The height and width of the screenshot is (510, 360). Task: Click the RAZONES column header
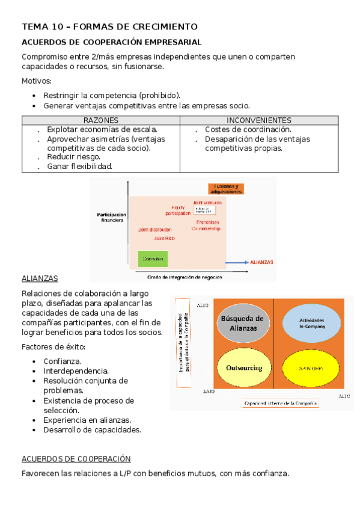101,120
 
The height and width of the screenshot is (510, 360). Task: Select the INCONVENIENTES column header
259,120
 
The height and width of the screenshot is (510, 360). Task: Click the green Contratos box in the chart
153,259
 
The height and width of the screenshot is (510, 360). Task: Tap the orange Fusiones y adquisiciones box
226,188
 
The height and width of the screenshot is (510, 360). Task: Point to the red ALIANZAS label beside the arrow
261,263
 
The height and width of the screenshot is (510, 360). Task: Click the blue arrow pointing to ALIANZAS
237,262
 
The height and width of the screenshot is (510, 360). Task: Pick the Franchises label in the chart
207,222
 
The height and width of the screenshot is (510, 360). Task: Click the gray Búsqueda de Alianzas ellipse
242,324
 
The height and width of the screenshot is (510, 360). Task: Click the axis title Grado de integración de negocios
185,277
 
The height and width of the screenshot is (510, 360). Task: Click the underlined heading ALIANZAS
40,279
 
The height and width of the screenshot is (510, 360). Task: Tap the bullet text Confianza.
63,361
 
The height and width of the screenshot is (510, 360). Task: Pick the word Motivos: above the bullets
37,81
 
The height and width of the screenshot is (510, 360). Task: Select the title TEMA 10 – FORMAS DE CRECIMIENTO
109,27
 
